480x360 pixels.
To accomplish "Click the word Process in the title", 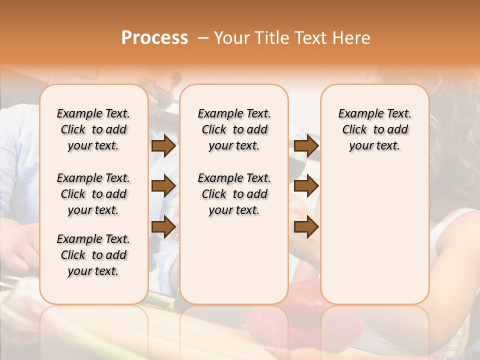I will (x=154, y=38).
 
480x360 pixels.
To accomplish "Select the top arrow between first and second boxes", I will (x=163, y=146).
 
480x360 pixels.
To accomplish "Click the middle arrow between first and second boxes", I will (x=163, y=186).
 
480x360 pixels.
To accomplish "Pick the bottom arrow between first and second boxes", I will (x=163, y=226).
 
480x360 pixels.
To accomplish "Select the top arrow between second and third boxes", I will (x=306, y=146).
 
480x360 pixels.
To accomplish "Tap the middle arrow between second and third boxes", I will (x=306, y=186).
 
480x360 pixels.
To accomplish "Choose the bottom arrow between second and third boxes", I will (x=306, y=226).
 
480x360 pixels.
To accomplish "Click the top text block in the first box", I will (x=93, y=129).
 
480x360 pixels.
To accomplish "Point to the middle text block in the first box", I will (x=93, y=194).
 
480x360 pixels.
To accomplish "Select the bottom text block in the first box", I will (x=93, y=255).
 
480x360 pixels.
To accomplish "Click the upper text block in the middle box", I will (x=234, y=129).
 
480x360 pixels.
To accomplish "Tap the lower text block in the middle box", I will (x=234, y=194).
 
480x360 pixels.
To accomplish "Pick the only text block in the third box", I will (x=374, y=129).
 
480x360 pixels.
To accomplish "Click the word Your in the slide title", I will (x=231, y=38).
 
